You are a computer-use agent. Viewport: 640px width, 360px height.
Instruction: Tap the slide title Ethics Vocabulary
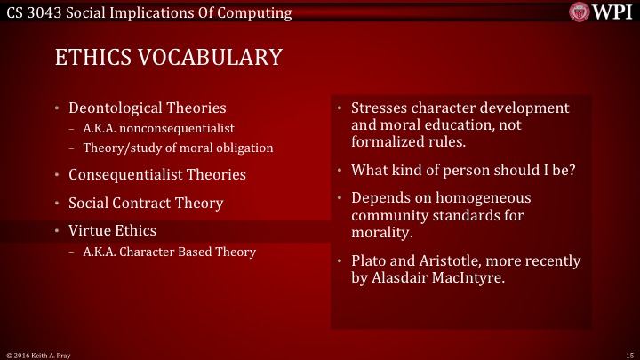pos(168,58)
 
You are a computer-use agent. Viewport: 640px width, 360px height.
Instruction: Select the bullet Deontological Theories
pos(147,109)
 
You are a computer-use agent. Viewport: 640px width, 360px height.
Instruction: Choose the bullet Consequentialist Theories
pos(157,174)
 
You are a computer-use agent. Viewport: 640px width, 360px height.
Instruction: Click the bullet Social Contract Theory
pos(146,203)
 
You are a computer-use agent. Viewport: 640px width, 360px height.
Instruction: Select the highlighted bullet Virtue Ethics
pos(111,231)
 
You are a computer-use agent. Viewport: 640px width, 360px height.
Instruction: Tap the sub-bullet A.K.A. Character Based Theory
pos(169,252)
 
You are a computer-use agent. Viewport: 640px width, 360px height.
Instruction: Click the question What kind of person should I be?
pos(463,170)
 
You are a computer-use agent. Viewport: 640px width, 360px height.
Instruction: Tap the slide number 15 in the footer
pos(628,354)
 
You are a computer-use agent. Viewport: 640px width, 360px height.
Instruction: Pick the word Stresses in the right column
pos(379,108)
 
